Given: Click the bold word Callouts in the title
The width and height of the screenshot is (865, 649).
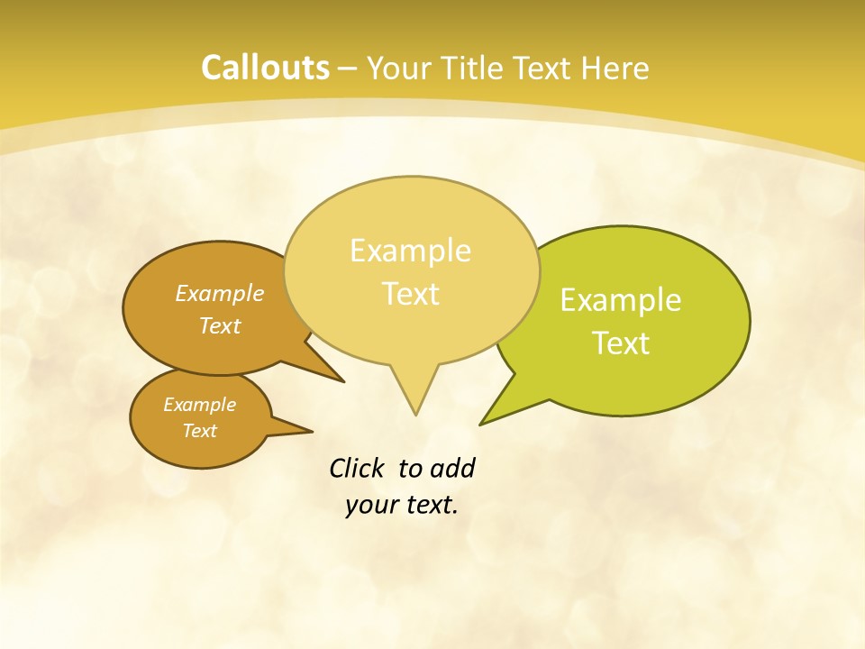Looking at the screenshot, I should pyautogui.click(x=265, y=68).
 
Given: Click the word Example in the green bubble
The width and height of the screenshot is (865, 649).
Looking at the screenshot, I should pyautogui.click(x=621, y=300).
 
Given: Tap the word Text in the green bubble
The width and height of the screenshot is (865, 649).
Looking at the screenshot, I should pyautogui.click(x=621, y=343).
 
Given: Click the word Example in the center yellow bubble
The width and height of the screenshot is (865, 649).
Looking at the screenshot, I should pyautogui.click(x=410, y=251).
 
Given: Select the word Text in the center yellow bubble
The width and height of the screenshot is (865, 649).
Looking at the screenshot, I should pyautogui.click(x=410, y=294).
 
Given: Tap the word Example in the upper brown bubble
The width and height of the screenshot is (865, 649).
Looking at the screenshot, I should pyautogui.click(x=220, y=293).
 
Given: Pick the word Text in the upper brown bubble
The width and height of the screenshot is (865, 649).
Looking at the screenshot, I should pyautogui.click(x=220, y=325).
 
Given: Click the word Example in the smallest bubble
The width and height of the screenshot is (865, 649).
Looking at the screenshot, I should pyautogui.click(x=199, y=405).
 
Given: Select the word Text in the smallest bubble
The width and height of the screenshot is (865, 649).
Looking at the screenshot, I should pyautogui.click(x=199, y=431).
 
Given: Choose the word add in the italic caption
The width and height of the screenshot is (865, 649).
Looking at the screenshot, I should pyautogui.click(x=452, y=468).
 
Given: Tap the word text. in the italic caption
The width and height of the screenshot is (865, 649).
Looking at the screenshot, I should pyautogui.click(x=428, y=505).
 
